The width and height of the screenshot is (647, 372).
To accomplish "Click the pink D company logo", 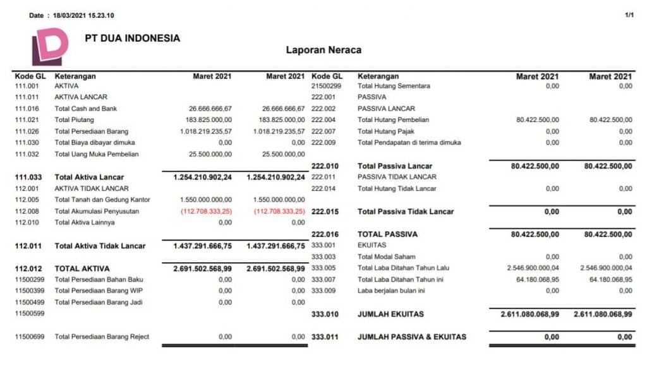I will point(49,46).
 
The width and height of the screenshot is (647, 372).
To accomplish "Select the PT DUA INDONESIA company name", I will point(132,38).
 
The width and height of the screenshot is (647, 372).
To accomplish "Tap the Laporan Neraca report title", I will point(323,50).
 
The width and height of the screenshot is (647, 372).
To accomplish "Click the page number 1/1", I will point(629,15).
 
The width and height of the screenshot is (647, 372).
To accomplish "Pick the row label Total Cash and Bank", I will point(86,109).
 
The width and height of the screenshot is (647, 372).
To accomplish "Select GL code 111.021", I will point(27,120).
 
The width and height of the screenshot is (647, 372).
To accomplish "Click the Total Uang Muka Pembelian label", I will point(97,154).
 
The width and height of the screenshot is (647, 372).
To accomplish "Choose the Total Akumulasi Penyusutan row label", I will point(97,211).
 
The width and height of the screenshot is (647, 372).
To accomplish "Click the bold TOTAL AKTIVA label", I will point(82,268).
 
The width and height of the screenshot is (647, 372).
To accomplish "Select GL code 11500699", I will point(30,337).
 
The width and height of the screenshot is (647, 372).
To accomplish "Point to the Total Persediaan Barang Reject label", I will point(102,337).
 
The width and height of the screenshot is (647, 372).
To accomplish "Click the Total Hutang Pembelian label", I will point(393,120).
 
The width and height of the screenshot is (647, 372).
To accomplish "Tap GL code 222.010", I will point(326,165).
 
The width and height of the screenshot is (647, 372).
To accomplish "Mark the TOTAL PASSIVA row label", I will point(388,234).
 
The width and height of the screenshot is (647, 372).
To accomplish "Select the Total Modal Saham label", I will point(387,257).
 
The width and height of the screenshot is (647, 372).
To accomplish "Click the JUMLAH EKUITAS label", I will point(390,314).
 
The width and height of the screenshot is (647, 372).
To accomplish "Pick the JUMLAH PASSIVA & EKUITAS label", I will point(412,337).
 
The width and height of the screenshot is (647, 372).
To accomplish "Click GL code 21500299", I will point(327,86).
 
